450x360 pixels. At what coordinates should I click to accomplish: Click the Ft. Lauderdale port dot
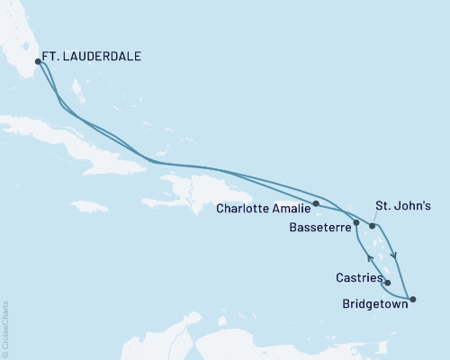pos(38,62)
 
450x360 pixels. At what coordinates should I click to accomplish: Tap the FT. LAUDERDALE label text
pos(94,56)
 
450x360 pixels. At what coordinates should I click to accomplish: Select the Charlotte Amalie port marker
pos(316,203)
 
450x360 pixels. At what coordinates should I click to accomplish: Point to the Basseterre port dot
pos(356,222)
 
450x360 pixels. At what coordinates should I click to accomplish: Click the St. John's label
pos(395,206)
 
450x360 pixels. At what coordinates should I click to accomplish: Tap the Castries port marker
pos(387,283)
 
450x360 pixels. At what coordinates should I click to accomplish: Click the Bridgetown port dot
pos(412,298)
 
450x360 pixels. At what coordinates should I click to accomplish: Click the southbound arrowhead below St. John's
pos(393,253)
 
